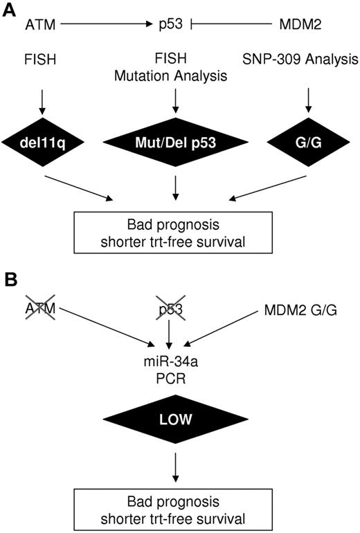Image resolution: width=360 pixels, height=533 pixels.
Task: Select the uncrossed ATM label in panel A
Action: [38, 26]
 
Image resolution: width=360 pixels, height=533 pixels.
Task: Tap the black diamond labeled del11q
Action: [43, 145]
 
